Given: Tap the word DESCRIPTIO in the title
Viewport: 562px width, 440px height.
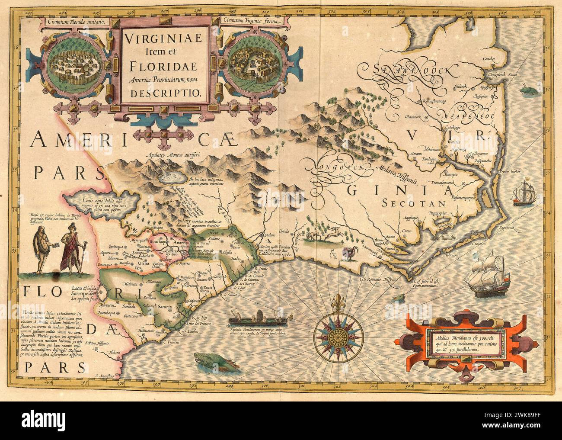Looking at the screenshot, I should click(164, 92).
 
